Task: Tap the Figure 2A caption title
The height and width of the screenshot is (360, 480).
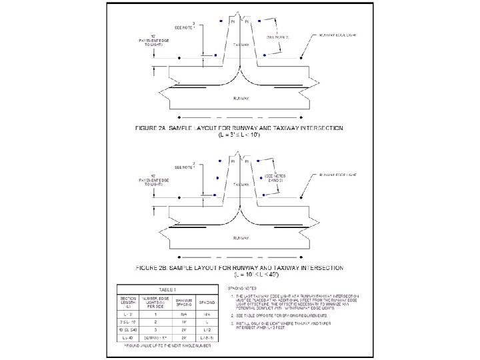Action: tap(239, 126)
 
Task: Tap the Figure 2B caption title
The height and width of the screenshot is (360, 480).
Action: tap(239, 267)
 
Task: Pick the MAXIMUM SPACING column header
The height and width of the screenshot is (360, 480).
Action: tap(184, 302)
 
